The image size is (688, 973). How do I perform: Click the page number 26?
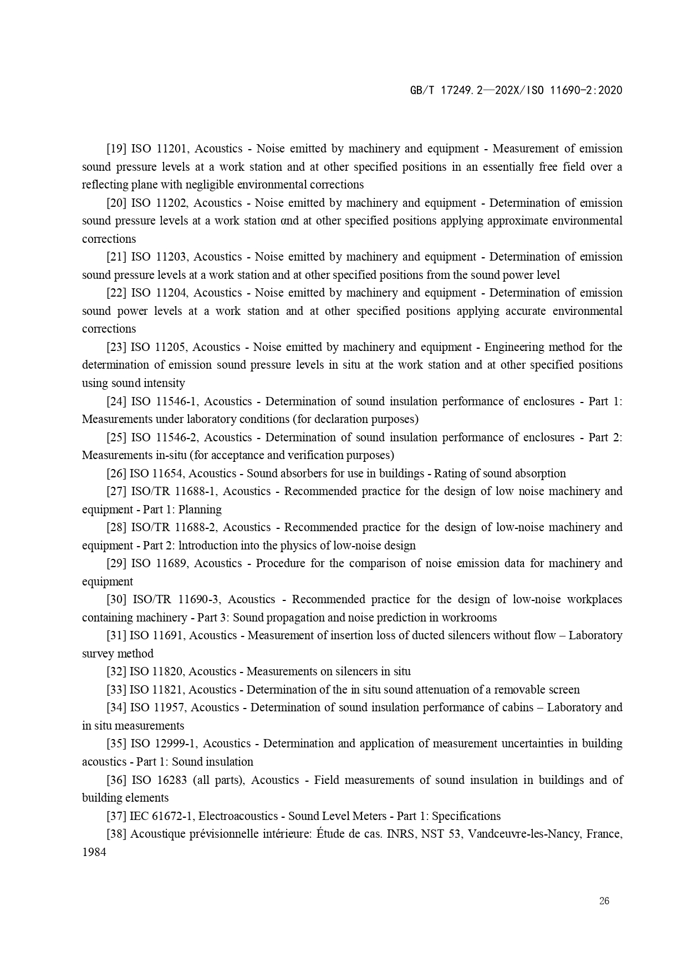pyautogui.click(x=604, y=901)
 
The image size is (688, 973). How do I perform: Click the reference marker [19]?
pyautogui.click(x=116, y=149)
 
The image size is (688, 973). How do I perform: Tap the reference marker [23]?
pyautogui.click(x=116, y=347)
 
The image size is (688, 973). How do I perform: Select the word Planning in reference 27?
pyautogui.click(x=200, y=510)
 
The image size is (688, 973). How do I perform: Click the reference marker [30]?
pyautogui.click(x=116, y=599)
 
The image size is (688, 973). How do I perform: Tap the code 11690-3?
pyautogui.click(x=199, y=599)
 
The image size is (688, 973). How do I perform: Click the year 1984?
pyautogui.click(x=94, y=852)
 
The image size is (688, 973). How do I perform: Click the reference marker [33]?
pyautogui.click(x=116, y=690)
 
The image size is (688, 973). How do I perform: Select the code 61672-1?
pyautogui.click(x=172, y=816)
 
